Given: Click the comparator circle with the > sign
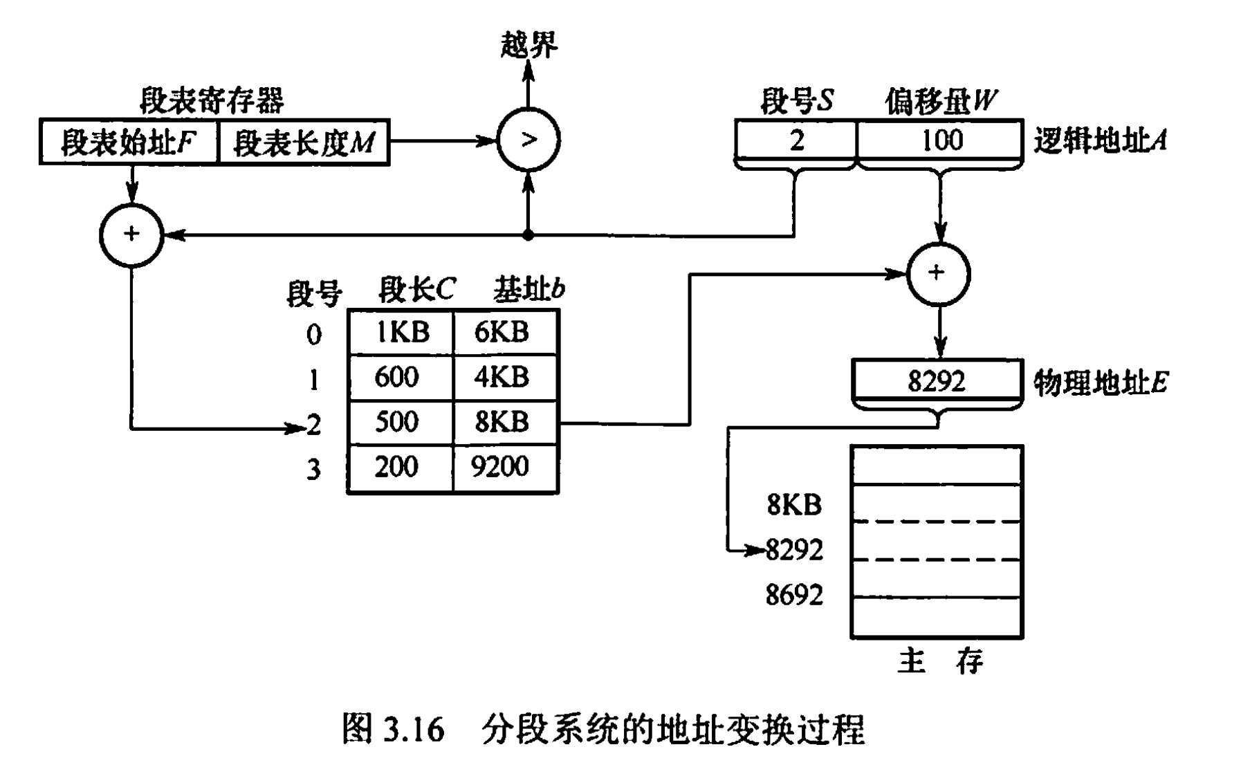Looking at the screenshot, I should click(x=528, y=140).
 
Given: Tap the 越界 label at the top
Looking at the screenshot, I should click(x=528, y=46).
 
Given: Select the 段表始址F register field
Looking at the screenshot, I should click(x=129, y=143).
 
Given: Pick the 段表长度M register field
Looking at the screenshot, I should click(x=304, y=143).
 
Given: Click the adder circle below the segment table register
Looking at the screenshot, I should click(x=131, y=235).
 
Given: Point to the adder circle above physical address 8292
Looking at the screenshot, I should click(x=938, y=273).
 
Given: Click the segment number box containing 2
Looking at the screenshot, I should click(x=796, y=141).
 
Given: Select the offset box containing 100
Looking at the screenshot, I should click(x=940, y=141).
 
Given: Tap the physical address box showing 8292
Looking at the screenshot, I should click(x=937, y=381).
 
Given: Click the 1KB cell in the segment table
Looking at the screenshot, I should click(x=401, y=333).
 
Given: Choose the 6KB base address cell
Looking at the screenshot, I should click(x=504, y=333).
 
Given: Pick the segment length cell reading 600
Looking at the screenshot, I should click(x=398, y=378).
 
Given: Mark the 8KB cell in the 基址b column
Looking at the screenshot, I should click(x=504, y=422).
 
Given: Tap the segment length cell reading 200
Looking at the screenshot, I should click(x=398, y=468).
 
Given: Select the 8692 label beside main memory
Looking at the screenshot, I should click(x=795, y=595).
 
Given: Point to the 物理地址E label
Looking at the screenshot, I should click(x=1100, y=383).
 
